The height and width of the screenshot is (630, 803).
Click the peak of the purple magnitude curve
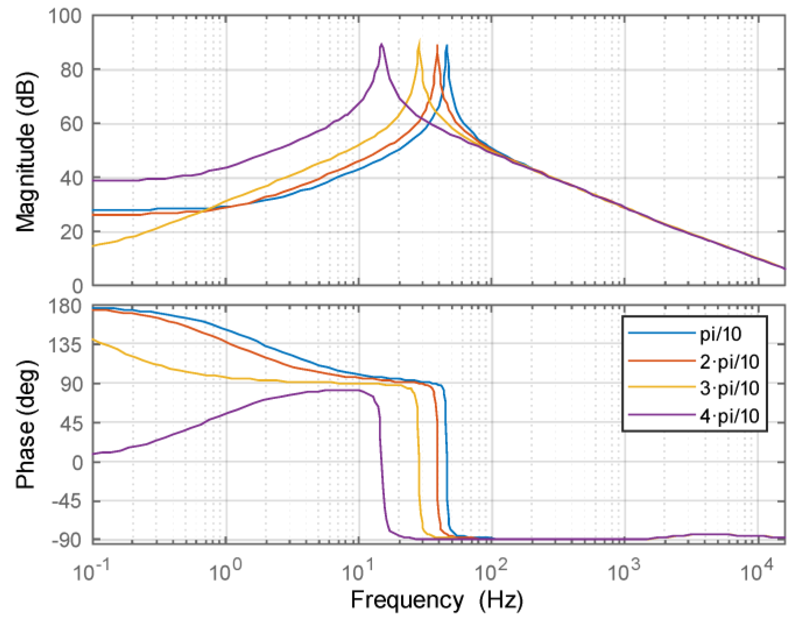382,44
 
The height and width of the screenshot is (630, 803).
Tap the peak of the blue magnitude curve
447,46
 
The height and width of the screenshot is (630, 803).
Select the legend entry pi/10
720,334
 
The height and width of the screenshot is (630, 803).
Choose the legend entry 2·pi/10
729,362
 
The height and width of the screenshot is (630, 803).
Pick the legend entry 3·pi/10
729,388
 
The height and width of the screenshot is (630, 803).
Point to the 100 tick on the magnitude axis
65,16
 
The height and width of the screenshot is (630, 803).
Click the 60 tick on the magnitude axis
71,124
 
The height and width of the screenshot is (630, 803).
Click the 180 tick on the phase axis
65,307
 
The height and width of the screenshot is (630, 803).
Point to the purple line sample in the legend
662,415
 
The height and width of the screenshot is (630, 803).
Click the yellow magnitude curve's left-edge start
94,246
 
